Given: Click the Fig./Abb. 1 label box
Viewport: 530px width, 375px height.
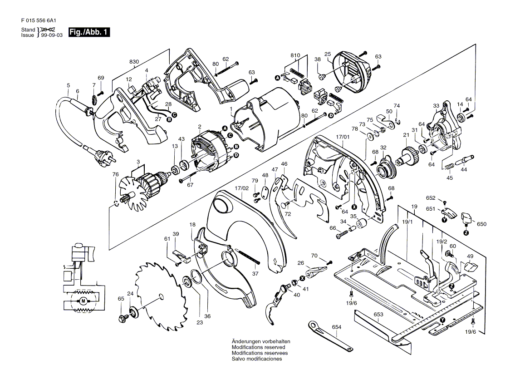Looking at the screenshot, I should point(89,32).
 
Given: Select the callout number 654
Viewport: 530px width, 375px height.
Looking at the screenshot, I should point(336,327).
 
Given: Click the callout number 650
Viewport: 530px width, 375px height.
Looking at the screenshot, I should point(481,224).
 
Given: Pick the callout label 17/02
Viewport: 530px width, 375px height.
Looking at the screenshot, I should point(241,188).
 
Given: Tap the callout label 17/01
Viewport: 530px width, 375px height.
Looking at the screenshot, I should point(343,137).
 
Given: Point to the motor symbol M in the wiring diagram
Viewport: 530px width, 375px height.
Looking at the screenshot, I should point(83,301).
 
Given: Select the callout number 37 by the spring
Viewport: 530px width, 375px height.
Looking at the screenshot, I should point(255,273).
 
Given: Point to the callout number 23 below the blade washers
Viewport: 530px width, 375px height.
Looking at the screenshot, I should point(199,323).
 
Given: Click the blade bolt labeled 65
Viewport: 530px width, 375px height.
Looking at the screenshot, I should point(122,318).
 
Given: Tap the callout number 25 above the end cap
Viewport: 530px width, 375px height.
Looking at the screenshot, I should point(328,54).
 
